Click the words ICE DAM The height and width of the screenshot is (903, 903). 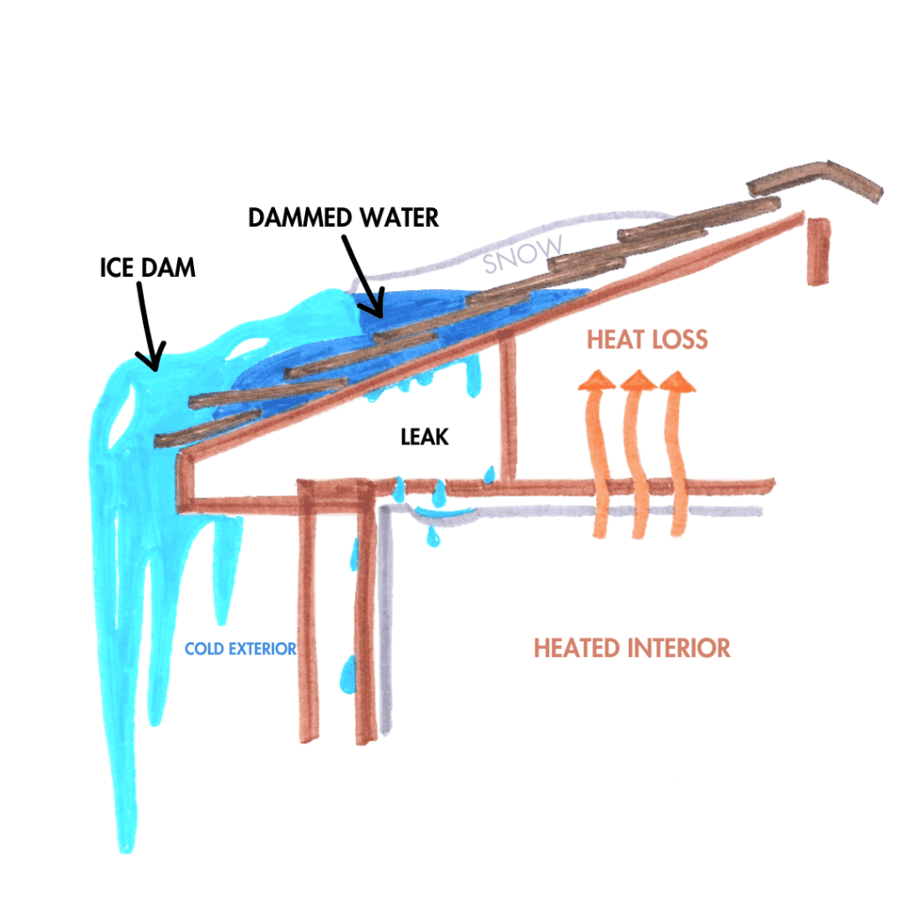click(147, 268)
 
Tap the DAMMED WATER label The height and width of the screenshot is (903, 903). click(343, 217)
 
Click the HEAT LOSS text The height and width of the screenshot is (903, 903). click(647, 340)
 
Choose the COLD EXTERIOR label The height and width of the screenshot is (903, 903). click(240, 649)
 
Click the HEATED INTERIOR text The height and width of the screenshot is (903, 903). click(631, 648)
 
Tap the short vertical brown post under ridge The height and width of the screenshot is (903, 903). click(818, 250)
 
